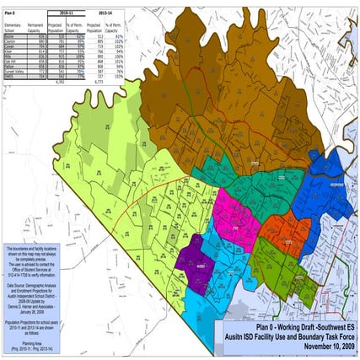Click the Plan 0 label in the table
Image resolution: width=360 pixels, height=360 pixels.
(x=9, y=14)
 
